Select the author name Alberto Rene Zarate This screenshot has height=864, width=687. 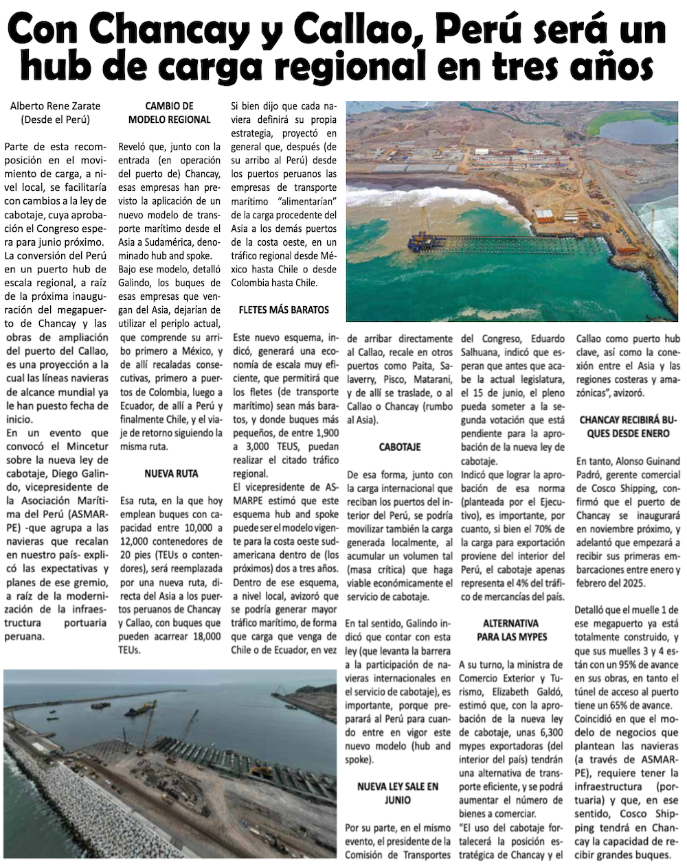point(55,106)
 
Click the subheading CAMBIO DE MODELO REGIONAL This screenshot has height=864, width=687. point(170,113)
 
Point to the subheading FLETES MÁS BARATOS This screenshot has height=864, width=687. point(284,310)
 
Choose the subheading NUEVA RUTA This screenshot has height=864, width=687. point(170,474)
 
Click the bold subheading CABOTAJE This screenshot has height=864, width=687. point(400,447)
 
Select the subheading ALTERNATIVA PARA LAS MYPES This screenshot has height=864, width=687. point(510,630)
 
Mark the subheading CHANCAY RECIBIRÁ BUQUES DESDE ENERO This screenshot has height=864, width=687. point(624,426)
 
